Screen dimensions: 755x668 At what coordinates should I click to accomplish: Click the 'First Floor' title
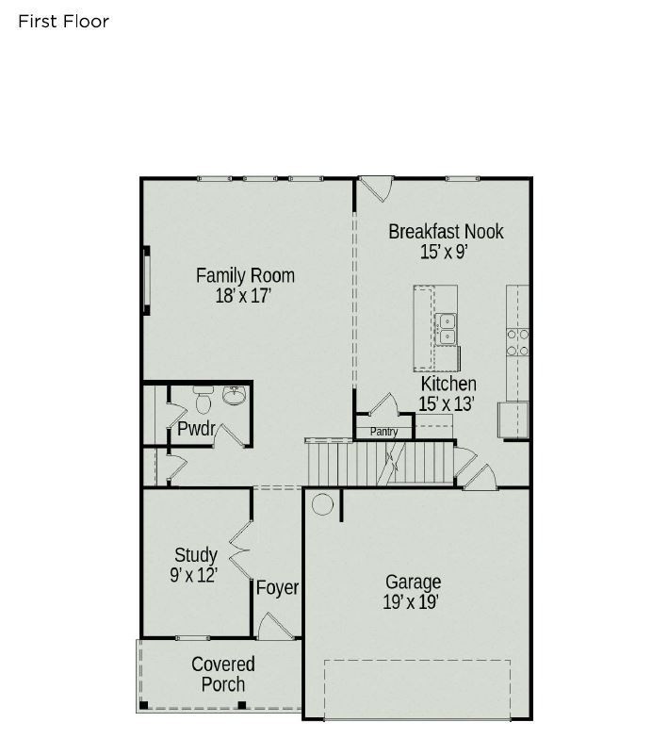[x=63, y=21]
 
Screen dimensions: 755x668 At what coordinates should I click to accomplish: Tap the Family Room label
[x=245, y=275]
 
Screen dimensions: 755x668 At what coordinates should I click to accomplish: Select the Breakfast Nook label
[x=446, y=231]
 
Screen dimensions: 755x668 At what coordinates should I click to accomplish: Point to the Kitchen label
[x=448, y=384]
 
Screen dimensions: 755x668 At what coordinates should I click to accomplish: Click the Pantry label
[x=383, y=433]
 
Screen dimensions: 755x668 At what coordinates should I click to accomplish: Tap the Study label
[x=196, y=554]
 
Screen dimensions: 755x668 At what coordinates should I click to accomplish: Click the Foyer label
[x=277, y=588]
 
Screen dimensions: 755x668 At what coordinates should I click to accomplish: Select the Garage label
[x=413, y=582]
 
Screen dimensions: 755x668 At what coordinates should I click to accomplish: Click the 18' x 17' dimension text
[x=243, y=295]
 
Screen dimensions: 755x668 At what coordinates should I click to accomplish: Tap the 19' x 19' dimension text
[x=411, y=602]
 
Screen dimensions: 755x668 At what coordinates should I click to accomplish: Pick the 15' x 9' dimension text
[x=445, y=252]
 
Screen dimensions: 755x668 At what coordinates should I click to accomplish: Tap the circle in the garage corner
[x=322, y=505]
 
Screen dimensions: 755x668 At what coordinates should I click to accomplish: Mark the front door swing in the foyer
[x=270, y=627]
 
